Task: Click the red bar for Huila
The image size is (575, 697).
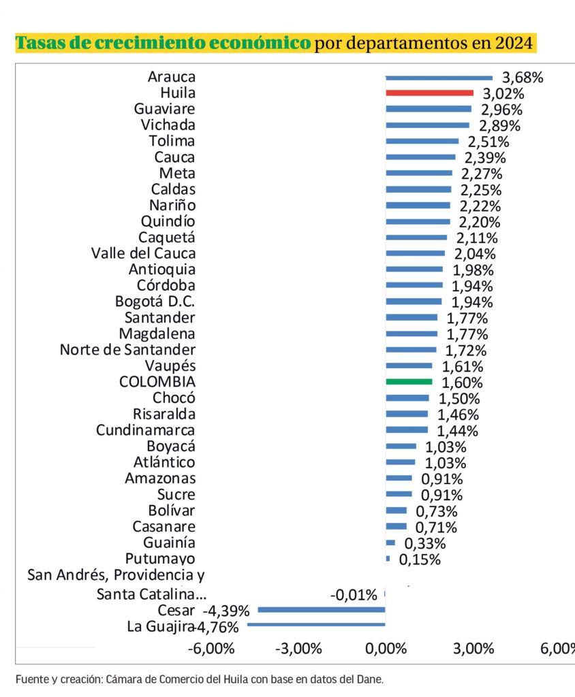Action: (x=429, y=93)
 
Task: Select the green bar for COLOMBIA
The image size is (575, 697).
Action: (x=409, y=382)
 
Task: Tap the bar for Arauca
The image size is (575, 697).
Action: (x=439, y=77)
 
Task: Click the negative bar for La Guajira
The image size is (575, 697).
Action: (x=316, y=624)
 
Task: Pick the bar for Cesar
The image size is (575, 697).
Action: (x=321, y=609)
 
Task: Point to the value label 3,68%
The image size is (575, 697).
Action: (x=523, y=77)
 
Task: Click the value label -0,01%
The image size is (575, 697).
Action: (x=354, y=595)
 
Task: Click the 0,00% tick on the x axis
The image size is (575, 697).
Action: (x=386, y=647)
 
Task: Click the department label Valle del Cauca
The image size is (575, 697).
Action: (x=143, y=254)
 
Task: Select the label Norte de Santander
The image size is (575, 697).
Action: (x=127, y=350)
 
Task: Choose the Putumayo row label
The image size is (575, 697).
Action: (x=161, y=559)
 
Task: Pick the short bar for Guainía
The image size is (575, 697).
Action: (x=390, y=543)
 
